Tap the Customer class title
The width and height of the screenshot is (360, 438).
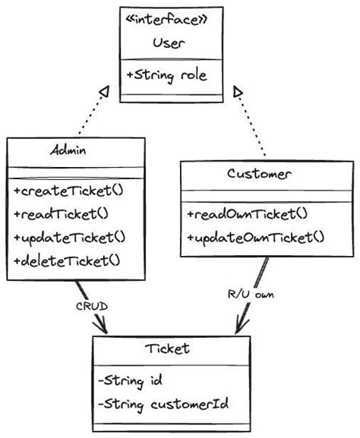coord(259,174)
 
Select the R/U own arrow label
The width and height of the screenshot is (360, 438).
coord(251,293)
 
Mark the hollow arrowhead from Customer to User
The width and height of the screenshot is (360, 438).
coord(238,92)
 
